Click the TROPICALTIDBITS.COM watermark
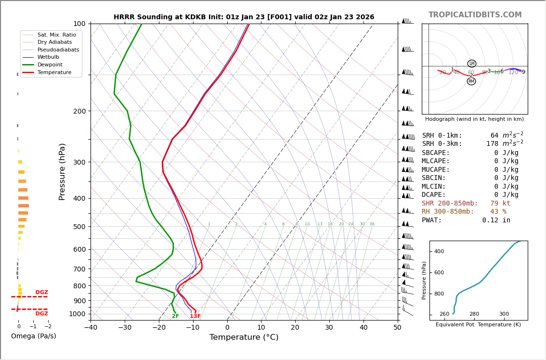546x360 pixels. point(475,15)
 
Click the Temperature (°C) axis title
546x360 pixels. point(244,337)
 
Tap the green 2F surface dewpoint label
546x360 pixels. point(175,316)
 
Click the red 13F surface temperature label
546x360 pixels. point(195,316)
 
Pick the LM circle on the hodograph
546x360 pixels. point(471,64)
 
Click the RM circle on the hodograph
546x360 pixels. point(471,81)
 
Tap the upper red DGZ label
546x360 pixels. point(41,293)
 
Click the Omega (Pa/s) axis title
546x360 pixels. point(33,336)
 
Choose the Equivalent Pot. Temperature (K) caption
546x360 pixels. point(478,325)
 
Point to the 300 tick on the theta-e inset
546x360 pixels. point(504,314)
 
